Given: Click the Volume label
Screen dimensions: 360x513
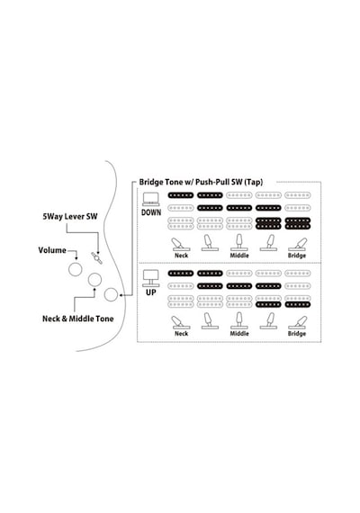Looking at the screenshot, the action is [52, 250].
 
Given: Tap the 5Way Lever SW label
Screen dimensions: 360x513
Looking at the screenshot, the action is [69, 217].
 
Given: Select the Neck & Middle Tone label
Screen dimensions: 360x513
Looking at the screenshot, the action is [78, 319].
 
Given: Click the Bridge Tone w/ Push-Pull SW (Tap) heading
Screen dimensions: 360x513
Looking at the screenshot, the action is [201, 182].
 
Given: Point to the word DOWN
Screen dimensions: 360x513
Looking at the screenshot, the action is [151, 212].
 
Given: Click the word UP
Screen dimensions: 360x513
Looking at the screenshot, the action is [151, 292].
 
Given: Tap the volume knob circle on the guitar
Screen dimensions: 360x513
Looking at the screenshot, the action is [76, 269].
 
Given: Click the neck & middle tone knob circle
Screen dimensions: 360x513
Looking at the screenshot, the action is [94, 280].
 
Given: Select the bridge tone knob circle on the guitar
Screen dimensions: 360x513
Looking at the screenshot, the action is [111, 294].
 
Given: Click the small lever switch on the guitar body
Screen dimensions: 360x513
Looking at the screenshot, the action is [96, 257].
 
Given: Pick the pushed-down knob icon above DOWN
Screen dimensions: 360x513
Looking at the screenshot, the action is [151, 199].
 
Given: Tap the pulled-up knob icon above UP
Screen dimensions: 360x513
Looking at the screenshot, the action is [151, 278].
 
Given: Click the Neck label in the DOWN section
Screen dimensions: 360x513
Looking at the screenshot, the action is [181, 256].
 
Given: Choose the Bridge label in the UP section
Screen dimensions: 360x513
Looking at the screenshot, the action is [297, 334].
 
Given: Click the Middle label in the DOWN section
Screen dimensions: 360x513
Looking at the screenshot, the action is [239, 256].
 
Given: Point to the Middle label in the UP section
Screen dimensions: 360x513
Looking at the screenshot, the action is [239, 334].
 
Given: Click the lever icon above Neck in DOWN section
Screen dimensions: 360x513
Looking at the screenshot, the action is [181, 245].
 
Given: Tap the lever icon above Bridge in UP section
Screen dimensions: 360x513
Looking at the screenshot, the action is [297, 322].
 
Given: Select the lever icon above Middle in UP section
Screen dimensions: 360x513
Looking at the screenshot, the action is [239, 321].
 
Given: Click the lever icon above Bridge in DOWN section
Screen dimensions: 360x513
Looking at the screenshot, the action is [297, 245].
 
